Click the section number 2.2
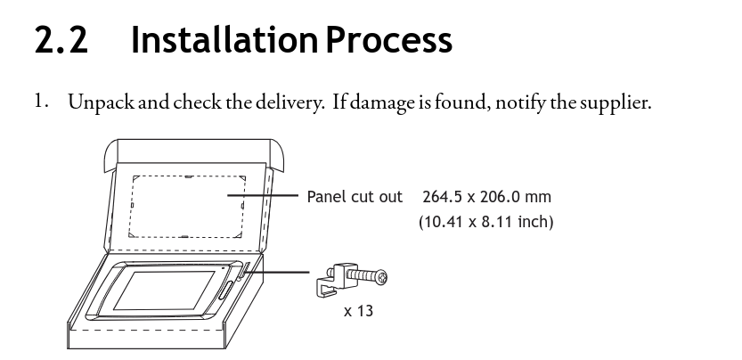(61, 40)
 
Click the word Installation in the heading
(224, 39)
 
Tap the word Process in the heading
(389, 40)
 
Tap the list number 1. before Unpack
(42, 101)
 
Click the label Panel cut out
(355, 197)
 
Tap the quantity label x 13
(358, 311)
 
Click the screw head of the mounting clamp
(381, 278)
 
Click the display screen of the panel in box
(165, 290)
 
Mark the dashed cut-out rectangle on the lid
(187, 207)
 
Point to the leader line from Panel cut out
(263, 195)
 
